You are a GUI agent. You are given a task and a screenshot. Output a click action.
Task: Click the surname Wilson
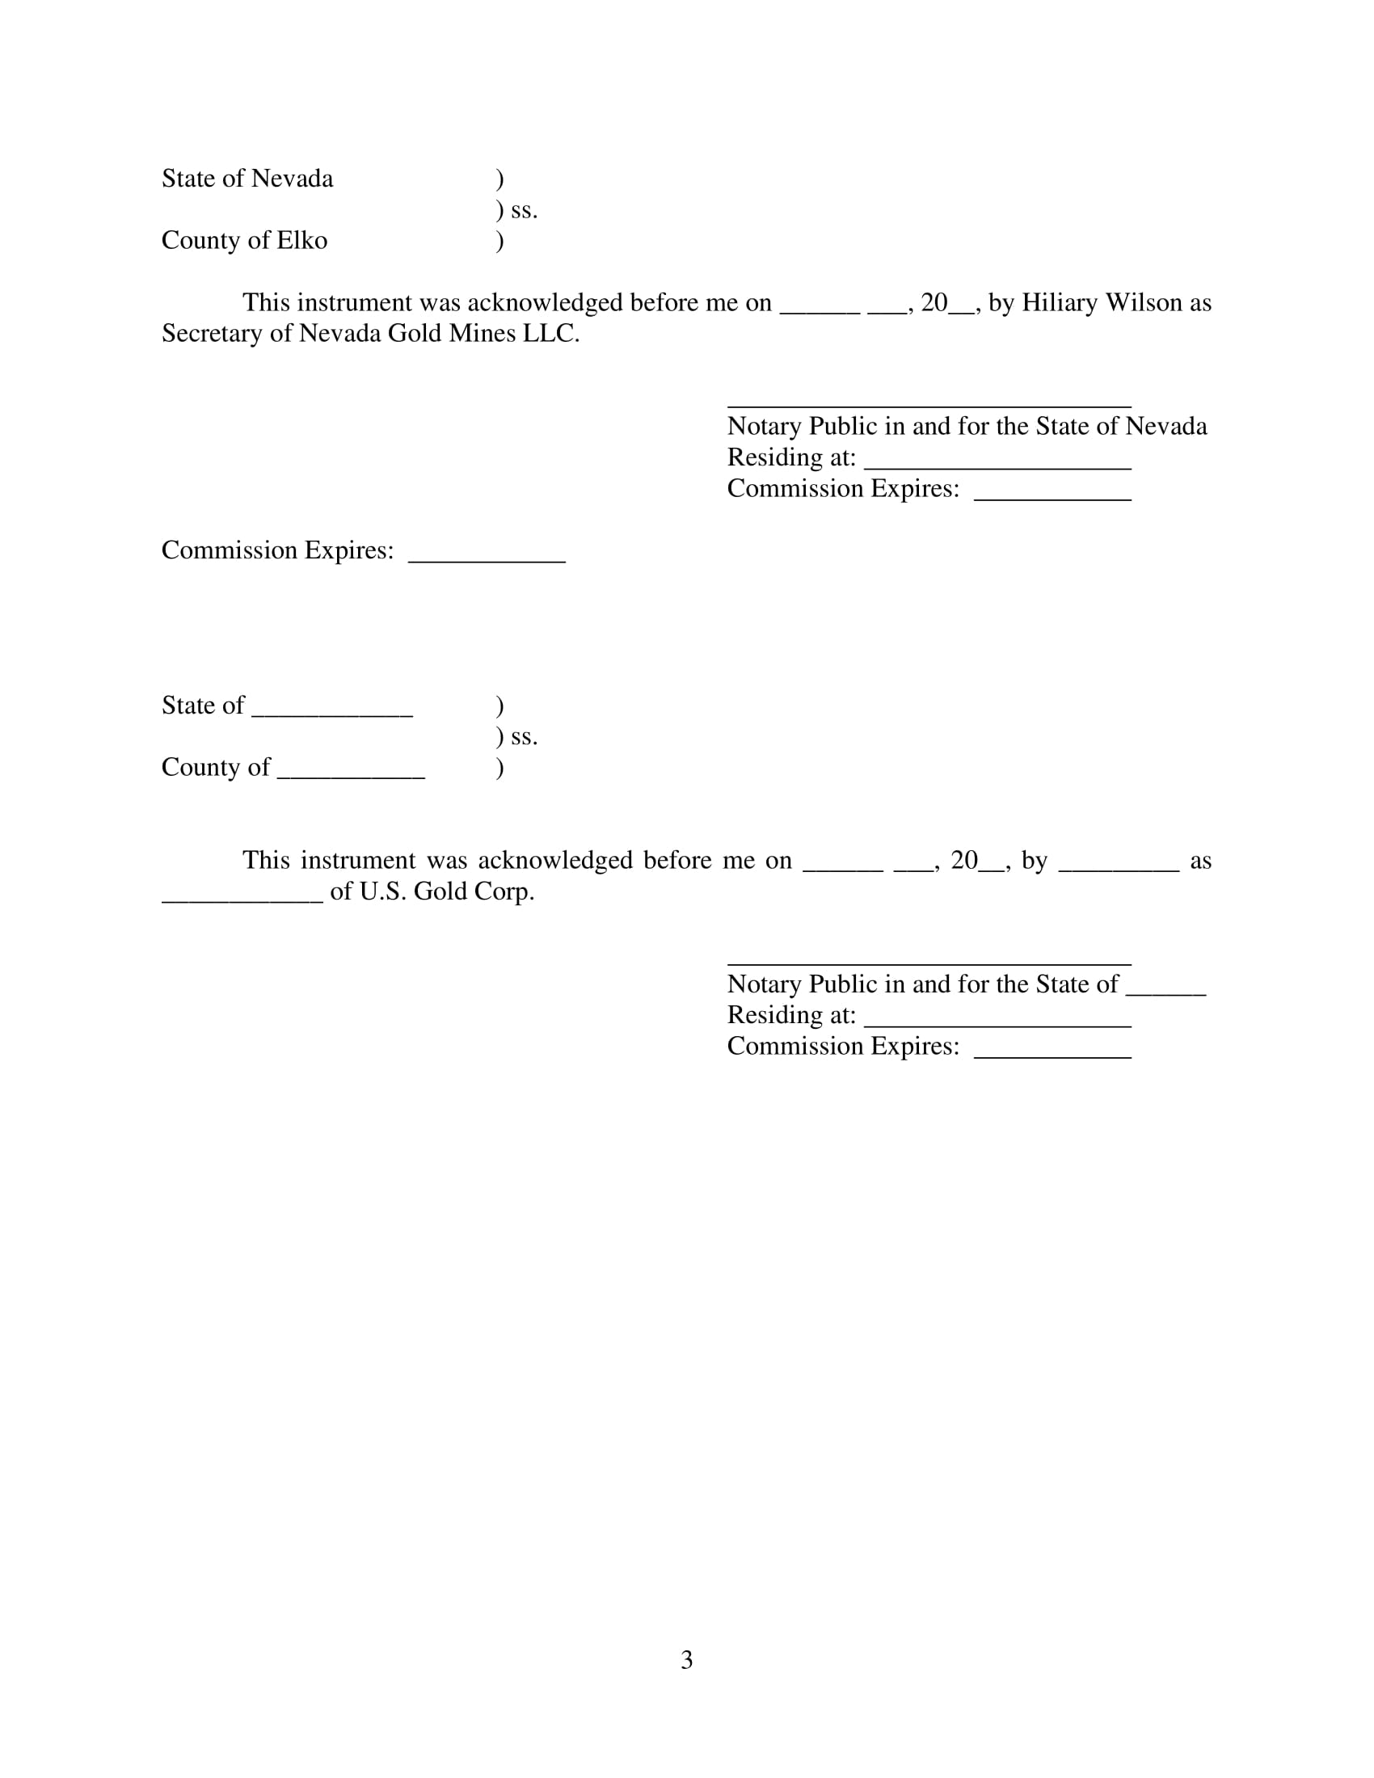pyautogui.click(x=1144, y=302)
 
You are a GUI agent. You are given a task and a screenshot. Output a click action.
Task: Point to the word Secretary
pyautogui.click(x=213, y=333)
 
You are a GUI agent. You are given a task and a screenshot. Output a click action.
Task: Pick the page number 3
pyautogui.click(x=686, y=1659)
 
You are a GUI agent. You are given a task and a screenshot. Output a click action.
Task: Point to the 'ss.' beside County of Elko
pyautogui.click(x=524, y=210)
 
